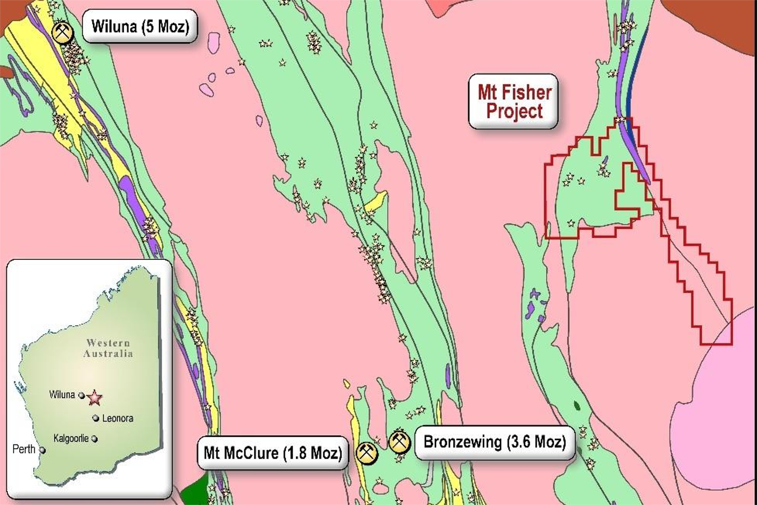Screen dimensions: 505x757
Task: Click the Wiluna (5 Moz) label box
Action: [140, 26]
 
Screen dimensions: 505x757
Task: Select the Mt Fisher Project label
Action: [514, 102]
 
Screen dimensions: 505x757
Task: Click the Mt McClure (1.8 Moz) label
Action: [273, 452]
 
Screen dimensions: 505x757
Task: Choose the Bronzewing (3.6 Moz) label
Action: [495, 442]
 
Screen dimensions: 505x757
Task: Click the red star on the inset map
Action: [94, 398]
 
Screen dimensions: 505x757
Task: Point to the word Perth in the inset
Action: [24, 449]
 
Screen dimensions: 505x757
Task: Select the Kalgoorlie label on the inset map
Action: [71, 438]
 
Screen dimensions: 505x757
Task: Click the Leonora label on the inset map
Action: [117, 418]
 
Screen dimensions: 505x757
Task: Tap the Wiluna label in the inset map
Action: [62, 395]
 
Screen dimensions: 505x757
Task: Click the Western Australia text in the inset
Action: [108, 348]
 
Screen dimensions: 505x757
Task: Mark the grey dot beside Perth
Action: [42, 450]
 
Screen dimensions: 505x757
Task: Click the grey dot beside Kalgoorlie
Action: [95, 438]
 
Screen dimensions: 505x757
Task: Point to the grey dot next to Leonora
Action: [96, 418]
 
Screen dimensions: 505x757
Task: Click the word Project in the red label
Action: [514, 112]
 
